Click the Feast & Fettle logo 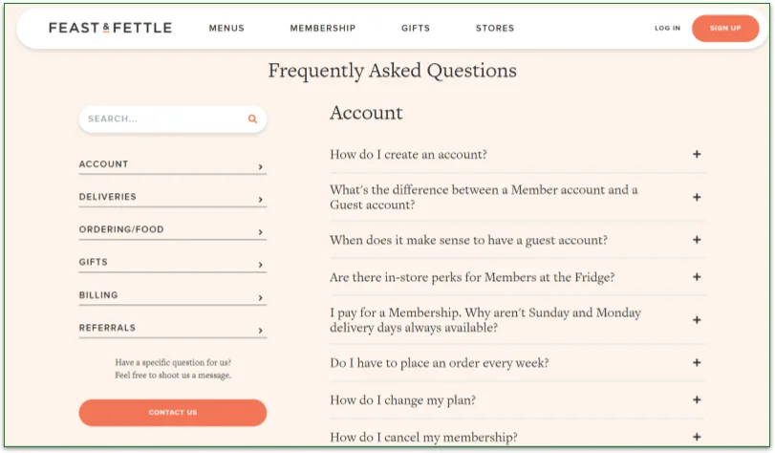click(x=110, y=29)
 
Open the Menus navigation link click(x=226, y=29)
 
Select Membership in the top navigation click(x=323, y=29)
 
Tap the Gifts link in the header click(x=416, y=29)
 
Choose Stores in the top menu click(x=495, y=29)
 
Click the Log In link click(x=667, y=29)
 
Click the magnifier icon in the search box click(x=253, y=119)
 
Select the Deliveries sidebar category click(x=108, y=197)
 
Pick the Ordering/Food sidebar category click(x=121, y=229)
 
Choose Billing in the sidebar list click(x=98, y=295)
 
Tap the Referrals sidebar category click(x=107, y=328)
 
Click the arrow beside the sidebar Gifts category click(x=260, y=265)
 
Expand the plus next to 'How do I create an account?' click(x=697, y=155)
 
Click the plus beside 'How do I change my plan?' click(x=697, y=400)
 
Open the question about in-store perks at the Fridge click(x=472, y=278)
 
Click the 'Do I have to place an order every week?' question click(x=440, y=363)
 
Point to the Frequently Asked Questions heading click(x=392, y=71)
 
